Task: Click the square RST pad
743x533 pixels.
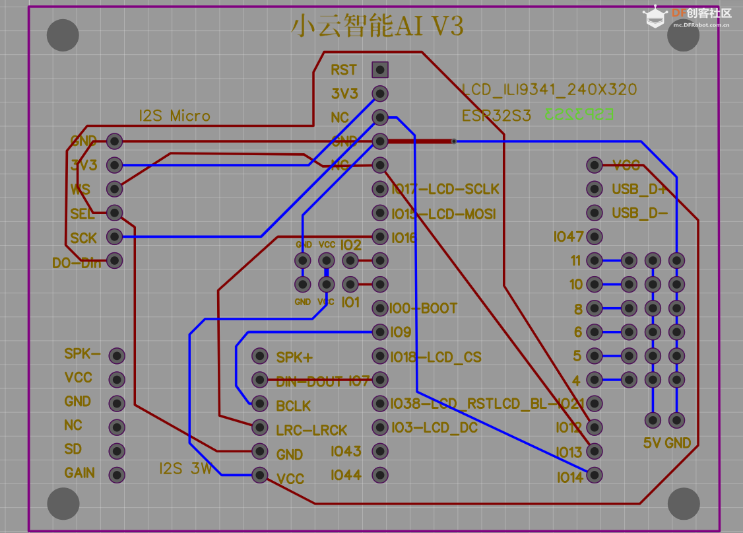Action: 379,69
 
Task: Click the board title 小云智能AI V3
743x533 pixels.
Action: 377,26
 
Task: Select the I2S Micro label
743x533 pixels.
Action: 174,116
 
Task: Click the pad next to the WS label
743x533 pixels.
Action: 115,189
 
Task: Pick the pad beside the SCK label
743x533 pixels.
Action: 115,236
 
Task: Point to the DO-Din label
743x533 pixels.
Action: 77,262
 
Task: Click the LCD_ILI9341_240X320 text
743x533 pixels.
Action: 549,90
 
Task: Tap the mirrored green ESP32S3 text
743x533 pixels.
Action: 579,114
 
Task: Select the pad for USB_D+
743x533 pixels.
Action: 595,189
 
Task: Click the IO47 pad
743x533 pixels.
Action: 595,236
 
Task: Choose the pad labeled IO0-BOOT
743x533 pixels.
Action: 379,308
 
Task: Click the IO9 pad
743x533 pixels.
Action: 379,332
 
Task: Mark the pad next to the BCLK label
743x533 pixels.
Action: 259,404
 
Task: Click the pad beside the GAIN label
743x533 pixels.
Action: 117,474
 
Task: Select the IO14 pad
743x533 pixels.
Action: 595,475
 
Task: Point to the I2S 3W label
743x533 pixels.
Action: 185,469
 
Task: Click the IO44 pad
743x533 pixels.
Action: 379,474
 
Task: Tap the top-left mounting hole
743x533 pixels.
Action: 63,36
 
